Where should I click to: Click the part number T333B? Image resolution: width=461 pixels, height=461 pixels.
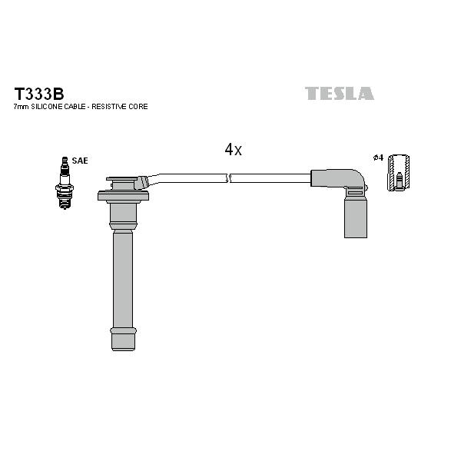click(x=39, y=94)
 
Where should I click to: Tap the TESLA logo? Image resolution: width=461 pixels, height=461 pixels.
click(x=340, y=93)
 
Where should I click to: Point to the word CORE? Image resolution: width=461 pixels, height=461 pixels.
click(x=138, y=107)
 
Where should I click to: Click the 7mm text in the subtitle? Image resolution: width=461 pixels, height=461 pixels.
click(x=21, y=107)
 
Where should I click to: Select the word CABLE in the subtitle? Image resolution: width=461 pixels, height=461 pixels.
click(x=74, y=107)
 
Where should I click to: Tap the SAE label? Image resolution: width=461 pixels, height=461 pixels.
click(x=80, y=161)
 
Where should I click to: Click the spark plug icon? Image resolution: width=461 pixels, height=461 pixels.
click(x=65, y=183)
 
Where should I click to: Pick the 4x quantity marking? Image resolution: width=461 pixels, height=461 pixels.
click(x=233, y=150)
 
